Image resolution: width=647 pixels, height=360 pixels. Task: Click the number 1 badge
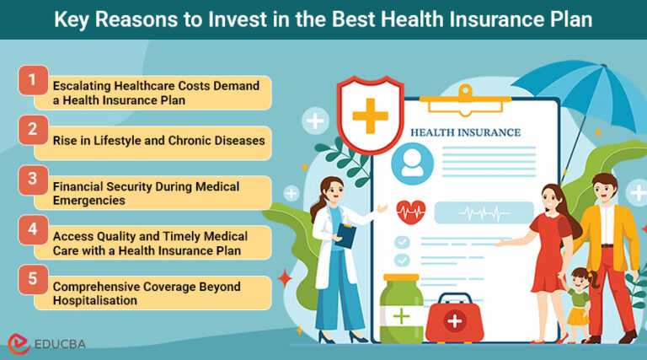(x=32, y=81)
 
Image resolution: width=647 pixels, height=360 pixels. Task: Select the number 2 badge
(x=32, y=130)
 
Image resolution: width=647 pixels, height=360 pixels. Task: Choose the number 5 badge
(x=32, y=279)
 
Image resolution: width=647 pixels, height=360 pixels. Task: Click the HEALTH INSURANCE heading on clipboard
(x=465, y=132)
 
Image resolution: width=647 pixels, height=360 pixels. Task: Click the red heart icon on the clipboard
(x=410, y=210)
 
